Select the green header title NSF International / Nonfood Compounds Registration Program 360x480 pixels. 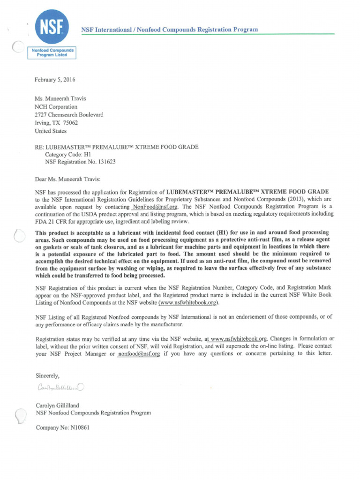170,30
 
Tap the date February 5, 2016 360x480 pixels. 55,80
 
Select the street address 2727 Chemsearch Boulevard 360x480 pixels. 69,114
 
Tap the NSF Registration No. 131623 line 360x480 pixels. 80,162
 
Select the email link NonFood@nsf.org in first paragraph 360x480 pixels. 155,206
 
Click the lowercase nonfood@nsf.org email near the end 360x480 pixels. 139,353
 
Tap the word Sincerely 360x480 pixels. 48,375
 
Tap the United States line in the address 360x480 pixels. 51,131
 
